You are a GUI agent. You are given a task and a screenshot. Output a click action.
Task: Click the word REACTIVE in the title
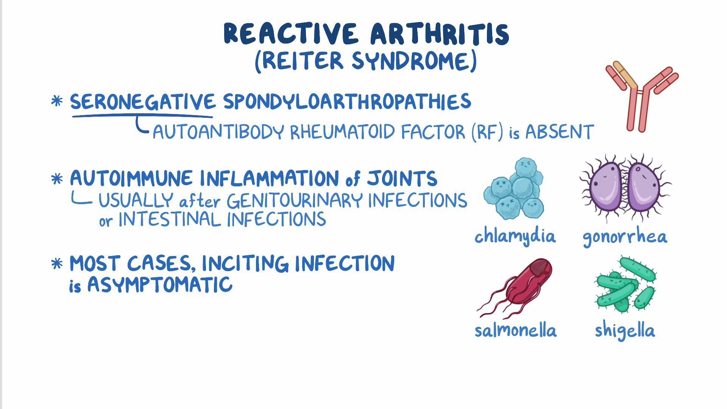coord(291,34)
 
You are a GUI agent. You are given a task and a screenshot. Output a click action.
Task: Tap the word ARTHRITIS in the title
coord(440,34)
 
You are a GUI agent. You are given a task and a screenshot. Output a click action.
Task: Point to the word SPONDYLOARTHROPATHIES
coord(346,102)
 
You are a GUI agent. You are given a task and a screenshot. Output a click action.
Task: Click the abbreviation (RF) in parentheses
coord(488,132)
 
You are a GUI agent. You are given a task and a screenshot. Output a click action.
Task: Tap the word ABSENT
coord(559,132)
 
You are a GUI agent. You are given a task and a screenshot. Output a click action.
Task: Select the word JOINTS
coord(402,179)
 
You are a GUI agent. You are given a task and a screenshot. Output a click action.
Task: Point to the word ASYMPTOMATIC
coord(160,285)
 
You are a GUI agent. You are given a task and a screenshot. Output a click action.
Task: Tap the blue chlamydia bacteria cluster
coord(515,189)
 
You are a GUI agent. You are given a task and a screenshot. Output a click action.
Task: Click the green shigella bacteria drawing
coord(625,284)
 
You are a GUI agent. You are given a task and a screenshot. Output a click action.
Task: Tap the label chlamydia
coord(515,236)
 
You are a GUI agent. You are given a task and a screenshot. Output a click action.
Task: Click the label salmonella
coord(515,331)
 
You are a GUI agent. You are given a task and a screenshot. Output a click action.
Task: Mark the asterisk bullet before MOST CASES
coord(57,264)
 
